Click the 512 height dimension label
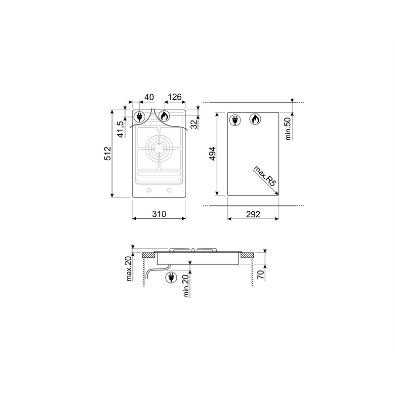pyautogui.click(x=108, y=154)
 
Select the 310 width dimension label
pyautogui.click(x=159, y=214)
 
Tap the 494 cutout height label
pyautogui.click(x=213, y=154)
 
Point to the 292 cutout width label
pyautogui.click(x=253, y=214)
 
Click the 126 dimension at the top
pyautogui.click(x=175, y=97)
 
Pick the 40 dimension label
pyautogui.click(x=149, y=97)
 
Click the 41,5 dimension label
pyautogui.click(x=121, y=129)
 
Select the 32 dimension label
pyautogui.click(x=194, y=124)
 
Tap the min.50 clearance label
pyautogui.click(x=288, y=129)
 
